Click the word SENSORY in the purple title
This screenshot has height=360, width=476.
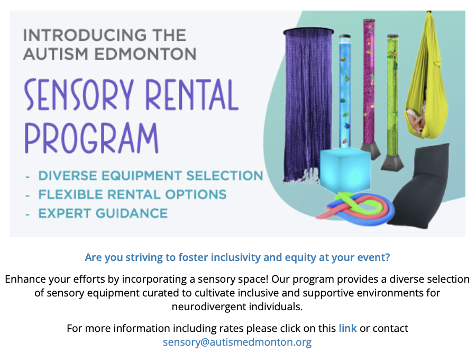(x=79, y=94)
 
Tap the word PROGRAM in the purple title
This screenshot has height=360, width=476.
(x=91, y=138)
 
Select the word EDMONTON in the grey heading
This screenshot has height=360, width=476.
(x=145, y=54)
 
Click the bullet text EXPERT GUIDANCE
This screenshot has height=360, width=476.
(x=103, y=213)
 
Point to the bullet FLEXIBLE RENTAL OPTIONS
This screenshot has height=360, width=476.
(x=132, y=194)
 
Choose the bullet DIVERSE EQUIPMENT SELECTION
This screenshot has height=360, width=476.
(x=151, y=176)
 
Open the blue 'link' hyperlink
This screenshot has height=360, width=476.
(x=347, y=328)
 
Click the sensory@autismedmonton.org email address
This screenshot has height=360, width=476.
(x=237, y=342)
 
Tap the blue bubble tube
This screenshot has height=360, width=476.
(x=345, y=92)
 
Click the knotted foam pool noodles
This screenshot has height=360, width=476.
(x=355, y=209)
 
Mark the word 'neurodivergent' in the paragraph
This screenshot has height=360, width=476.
(x=209, y=307)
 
